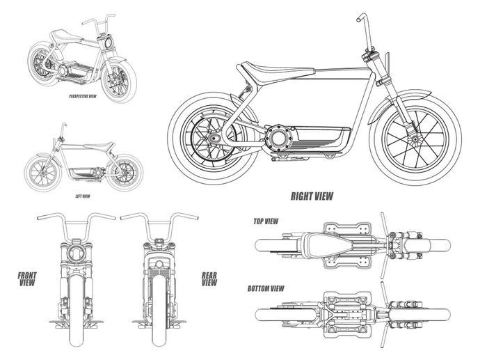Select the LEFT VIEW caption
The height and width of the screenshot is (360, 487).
83,197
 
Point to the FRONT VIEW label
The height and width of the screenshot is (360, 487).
27,279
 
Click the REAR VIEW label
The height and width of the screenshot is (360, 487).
209,279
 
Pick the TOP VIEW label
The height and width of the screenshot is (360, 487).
266,221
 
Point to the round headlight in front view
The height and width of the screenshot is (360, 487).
77,253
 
